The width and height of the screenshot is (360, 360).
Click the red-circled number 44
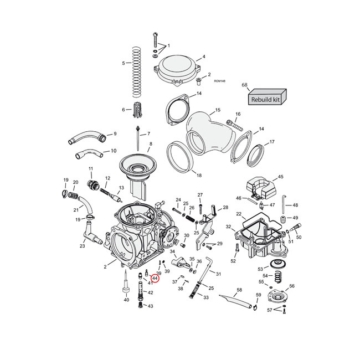tap(155, 278)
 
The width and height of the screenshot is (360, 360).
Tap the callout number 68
tap(244, 85)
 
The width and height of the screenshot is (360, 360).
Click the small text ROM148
tap(219, 81)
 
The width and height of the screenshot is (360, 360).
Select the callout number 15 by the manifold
tap(218, 111)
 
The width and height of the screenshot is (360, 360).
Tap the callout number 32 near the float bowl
tap(228, 227)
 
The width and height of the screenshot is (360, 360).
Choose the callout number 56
tap(292, 286)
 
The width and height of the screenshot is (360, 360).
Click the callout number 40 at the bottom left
tap(126, 300)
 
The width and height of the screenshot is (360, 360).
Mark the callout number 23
tap(82, 246)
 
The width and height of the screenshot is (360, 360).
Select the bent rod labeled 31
tap(207, 264)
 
